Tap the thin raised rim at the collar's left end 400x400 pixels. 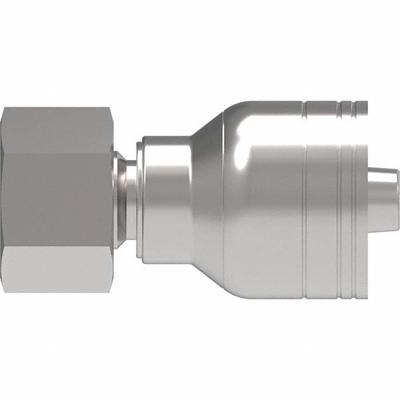pyautogui.click(x=139, y=200)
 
